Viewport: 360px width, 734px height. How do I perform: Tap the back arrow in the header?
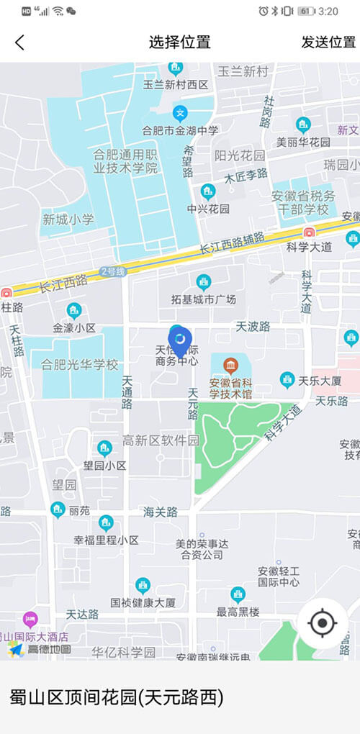(19, 42)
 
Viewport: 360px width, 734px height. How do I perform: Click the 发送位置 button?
(328, 42)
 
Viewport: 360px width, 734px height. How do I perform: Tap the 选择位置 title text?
(180, 42)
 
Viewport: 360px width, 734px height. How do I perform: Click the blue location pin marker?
(179, 340)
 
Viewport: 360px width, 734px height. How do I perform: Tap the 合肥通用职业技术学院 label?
(125, 161)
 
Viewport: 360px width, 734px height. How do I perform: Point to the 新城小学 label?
(68, 219)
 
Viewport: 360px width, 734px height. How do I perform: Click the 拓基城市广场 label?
(204, 299)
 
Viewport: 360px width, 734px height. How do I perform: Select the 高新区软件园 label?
(160, 440)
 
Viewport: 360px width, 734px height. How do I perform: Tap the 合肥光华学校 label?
(79, 365)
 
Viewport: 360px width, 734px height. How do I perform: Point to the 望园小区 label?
(105, 466)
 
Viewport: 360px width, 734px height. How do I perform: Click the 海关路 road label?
(160, 512)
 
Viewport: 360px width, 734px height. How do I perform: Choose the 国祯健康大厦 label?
(143, 602)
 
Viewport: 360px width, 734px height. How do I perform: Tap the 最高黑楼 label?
(238, 612)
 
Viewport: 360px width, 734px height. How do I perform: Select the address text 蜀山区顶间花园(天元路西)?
(117, 697)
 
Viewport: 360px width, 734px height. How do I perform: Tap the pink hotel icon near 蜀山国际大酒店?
(30, 620)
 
